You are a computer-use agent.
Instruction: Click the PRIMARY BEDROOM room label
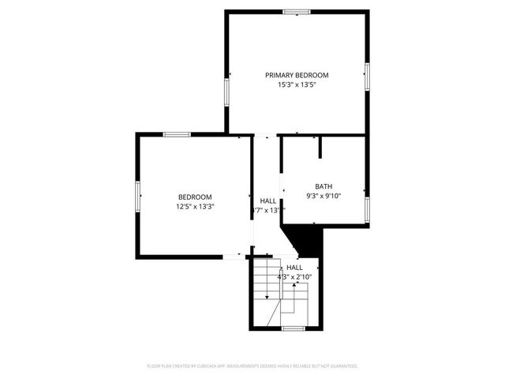(x=297, y=75)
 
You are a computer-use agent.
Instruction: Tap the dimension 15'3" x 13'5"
(x=297, y=85)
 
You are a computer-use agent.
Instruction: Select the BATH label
(x=324, y=186)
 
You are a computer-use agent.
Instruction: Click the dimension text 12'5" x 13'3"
(x=195, y=206)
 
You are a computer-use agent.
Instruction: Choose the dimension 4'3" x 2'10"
(x=294, y=277)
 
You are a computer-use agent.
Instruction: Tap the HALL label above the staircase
(x=294, y=268)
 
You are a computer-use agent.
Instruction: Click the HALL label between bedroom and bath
(x=267, y=201)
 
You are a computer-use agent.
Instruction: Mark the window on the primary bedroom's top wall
(x=297, y=12)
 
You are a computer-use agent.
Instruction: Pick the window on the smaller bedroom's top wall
(x=177, y=135)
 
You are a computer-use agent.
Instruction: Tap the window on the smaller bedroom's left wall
(x=137, y=195)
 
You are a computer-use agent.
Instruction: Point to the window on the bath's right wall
(x=367, y=208)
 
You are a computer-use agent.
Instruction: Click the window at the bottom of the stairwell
(x=294, y=327)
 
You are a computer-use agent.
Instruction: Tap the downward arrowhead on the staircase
(x=267, y=297)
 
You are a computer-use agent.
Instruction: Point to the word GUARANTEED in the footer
(x=344, y=366)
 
